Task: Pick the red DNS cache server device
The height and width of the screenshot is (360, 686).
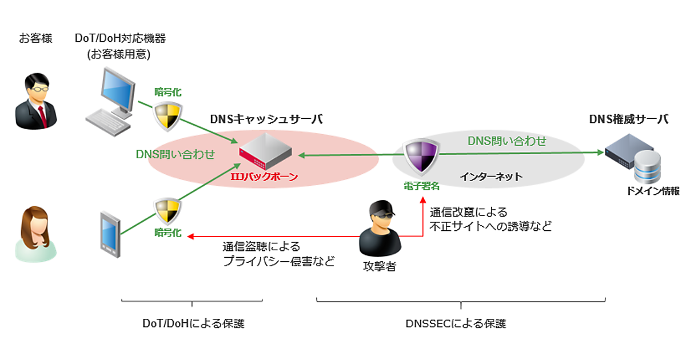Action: tap(265, 153)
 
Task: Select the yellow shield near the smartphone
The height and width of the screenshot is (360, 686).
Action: tap(167, 212)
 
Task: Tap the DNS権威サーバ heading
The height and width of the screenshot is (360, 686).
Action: tap(628, 119)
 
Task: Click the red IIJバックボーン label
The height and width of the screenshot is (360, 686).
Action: tap(264, 177)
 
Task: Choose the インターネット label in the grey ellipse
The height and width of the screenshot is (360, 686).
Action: tap(491, 177)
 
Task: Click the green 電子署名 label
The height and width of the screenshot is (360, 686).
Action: tap(421, 185)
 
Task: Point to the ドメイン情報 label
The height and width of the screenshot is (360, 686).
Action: tap(652, 191)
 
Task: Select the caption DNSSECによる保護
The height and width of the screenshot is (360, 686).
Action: tap(456, 324)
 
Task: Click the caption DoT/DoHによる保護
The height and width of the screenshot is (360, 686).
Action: tap(193, 324)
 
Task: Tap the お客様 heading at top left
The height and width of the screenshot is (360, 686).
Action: tap(35, 39)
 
